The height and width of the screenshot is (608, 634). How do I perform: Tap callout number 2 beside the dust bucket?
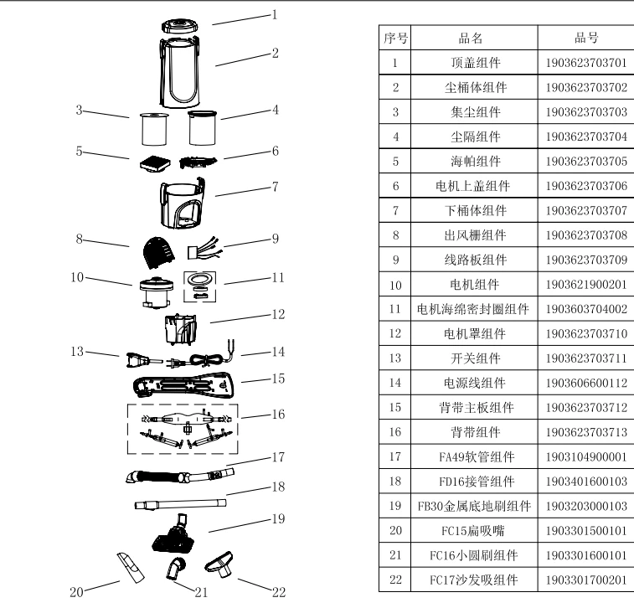tap(275, 53)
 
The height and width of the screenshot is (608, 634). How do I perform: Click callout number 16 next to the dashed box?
tap(278, 413)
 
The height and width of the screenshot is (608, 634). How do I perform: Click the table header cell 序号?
tap(394, 39)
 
